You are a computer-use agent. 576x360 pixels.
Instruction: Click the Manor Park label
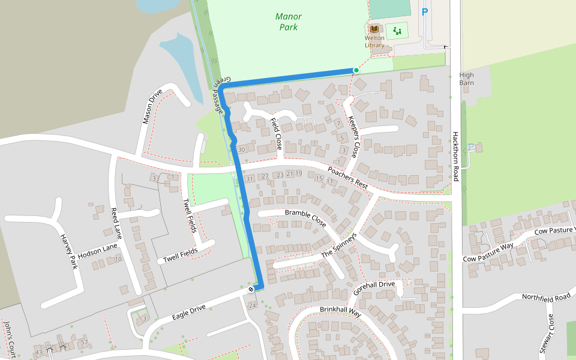coord(289,22)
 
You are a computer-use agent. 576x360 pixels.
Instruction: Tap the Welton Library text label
coord(374,41)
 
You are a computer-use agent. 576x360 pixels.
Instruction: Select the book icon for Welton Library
coord(374,29)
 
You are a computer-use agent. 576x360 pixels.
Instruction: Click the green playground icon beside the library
coord(396,30)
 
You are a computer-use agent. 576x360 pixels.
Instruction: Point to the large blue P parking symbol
coord(425,12)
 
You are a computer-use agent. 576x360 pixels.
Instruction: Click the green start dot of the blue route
coord(356,70)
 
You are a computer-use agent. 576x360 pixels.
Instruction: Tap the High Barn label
coord(466,79)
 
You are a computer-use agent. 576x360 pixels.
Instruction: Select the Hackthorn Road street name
coord(456,157)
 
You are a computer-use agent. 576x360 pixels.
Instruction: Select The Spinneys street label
coord(339,245)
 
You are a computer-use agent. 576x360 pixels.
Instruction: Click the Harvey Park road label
coord(69,251)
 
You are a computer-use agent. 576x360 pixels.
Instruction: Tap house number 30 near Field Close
coord(241,149)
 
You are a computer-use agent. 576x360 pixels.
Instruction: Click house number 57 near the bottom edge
coord(85,342)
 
